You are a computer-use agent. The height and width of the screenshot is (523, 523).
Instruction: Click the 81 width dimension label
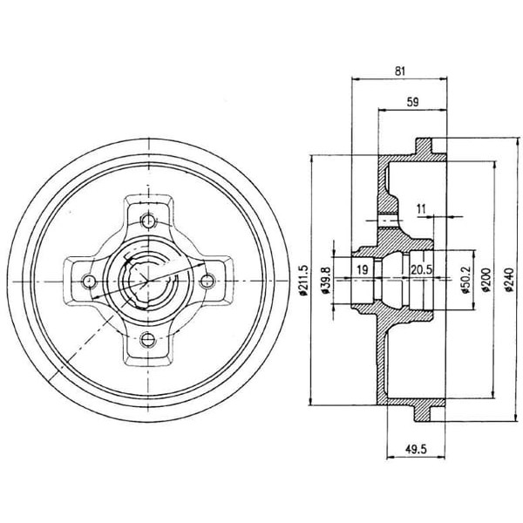[399, 71]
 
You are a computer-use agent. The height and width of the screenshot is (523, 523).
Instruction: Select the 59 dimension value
[412, 102]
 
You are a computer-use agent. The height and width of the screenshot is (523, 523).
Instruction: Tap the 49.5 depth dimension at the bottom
[416, 450]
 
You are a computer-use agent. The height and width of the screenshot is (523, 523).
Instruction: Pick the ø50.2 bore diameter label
[466, 280]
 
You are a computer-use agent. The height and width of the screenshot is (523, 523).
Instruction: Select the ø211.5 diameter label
[303, 281]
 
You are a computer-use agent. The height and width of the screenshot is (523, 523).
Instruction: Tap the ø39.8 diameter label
[326, 280]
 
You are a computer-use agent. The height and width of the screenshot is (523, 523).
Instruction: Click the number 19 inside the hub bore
[363, 269]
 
